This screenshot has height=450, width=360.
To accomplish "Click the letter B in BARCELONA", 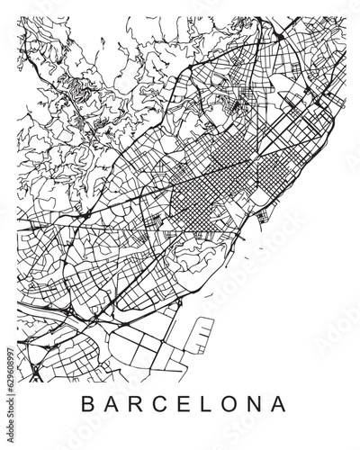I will coord(86,402).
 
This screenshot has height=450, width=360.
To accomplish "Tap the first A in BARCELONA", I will coord(112,402).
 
